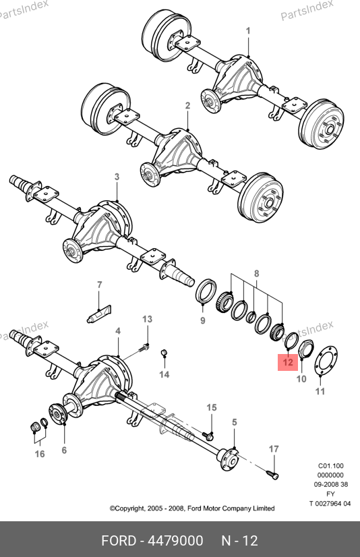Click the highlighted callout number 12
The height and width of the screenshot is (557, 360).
[x=288, y=362]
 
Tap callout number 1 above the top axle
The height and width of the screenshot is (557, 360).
[x=248, y=31]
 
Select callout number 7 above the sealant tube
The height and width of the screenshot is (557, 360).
[x=99, y=285]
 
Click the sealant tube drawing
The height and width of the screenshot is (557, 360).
[x=99, y=314]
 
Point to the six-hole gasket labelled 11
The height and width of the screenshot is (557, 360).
[x=325, y=360]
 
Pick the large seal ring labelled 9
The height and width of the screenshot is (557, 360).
[x=206, y=291]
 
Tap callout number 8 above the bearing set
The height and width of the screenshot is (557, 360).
[x=256, y=274]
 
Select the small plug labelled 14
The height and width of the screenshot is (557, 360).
[x=164, y=353]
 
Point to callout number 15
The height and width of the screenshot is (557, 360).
[x=212, y=407]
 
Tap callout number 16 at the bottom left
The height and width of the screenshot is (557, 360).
[x=40, y=454]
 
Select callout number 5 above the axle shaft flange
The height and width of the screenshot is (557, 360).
[x=235, y=422]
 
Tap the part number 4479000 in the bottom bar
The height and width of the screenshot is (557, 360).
[x=175, y=541]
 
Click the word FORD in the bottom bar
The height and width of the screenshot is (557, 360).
[x=119, y=541]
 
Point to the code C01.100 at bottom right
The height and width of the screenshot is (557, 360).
[x=330, y=466]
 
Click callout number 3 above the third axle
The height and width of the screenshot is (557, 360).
[x=117, y=177]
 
